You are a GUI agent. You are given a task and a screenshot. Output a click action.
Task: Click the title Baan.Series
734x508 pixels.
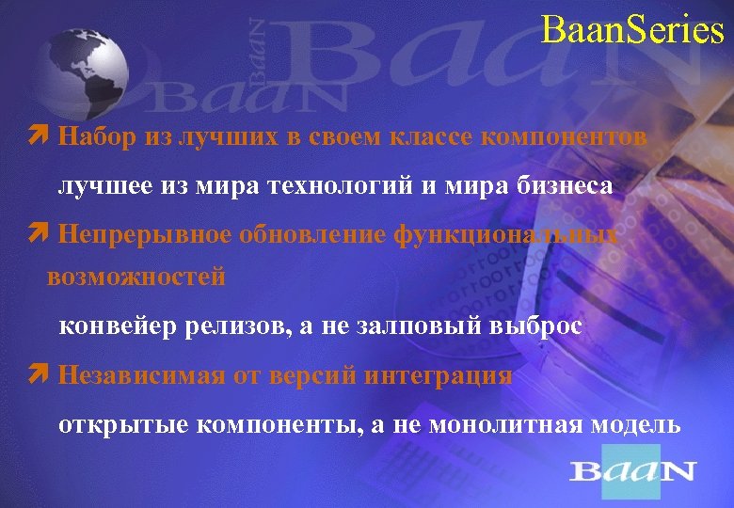tap(632, 30)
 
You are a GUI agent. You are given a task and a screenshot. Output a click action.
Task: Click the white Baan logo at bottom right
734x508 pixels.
tap(632, 470)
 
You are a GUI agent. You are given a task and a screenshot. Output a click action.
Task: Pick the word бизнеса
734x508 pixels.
tap(566, 186)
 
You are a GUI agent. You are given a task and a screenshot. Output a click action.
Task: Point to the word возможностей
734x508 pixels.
tap(136, 278)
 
